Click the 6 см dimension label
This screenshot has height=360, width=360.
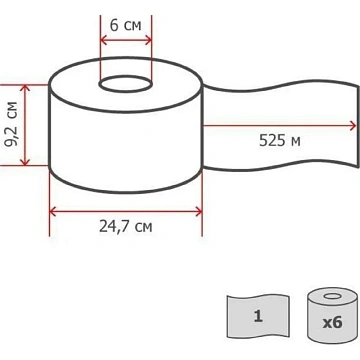126,26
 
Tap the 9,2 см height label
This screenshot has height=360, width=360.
11,124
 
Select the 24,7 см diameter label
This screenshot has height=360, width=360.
126,227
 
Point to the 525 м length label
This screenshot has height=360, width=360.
280,141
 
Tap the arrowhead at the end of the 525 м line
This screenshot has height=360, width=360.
352,126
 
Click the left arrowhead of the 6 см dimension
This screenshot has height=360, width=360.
104,41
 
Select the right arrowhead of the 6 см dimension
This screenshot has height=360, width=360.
148,41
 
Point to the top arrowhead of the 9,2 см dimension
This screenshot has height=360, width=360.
25,89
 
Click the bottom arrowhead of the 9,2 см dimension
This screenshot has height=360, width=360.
25,161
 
